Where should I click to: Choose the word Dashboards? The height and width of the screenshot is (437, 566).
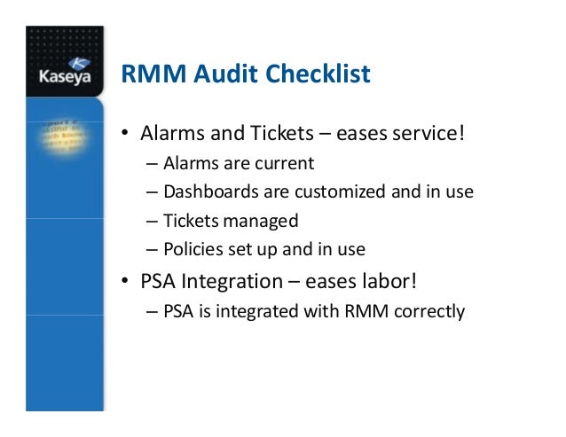pyautogui.click(x=204, y=191)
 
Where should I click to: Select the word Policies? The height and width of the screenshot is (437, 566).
pyautogui.click(x=190, y=249)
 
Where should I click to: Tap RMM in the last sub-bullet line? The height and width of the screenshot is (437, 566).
pyautogui.click(x=362, y=312)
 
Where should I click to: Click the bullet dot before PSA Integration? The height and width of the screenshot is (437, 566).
pyautogui.click(x=126, y=284)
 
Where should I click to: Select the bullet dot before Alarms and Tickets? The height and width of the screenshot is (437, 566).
pyautogui.click(x=126, y=135)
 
